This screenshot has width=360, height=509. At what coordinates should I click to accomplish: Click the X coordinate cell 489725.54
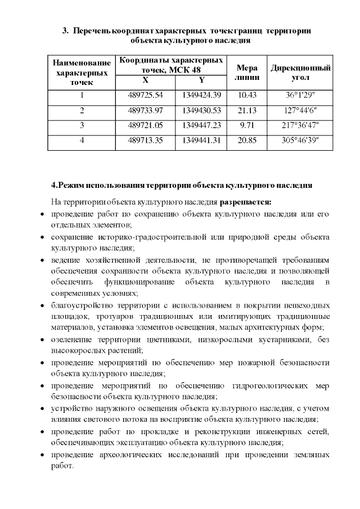point(145,94)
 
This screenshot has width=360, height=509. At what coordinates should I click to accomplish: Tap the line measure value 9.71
point(247,125)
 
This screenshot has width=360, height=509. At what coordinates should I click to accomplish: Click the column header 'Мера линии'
point(247,71)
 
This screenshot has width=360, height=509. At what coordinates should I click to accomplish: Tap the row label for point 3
point(82,125)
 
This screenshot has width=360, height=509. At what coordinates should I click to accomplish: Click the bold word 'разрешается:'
point(245,201)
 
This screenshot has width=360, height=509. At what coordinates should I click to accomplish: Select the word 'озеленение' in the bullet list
point(70,340)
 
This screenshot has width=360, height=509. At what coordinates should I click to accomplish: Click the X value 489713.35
point(145,140)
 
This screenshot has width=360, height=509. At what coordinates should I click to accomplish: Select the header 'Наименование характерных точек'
point(82,71)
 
